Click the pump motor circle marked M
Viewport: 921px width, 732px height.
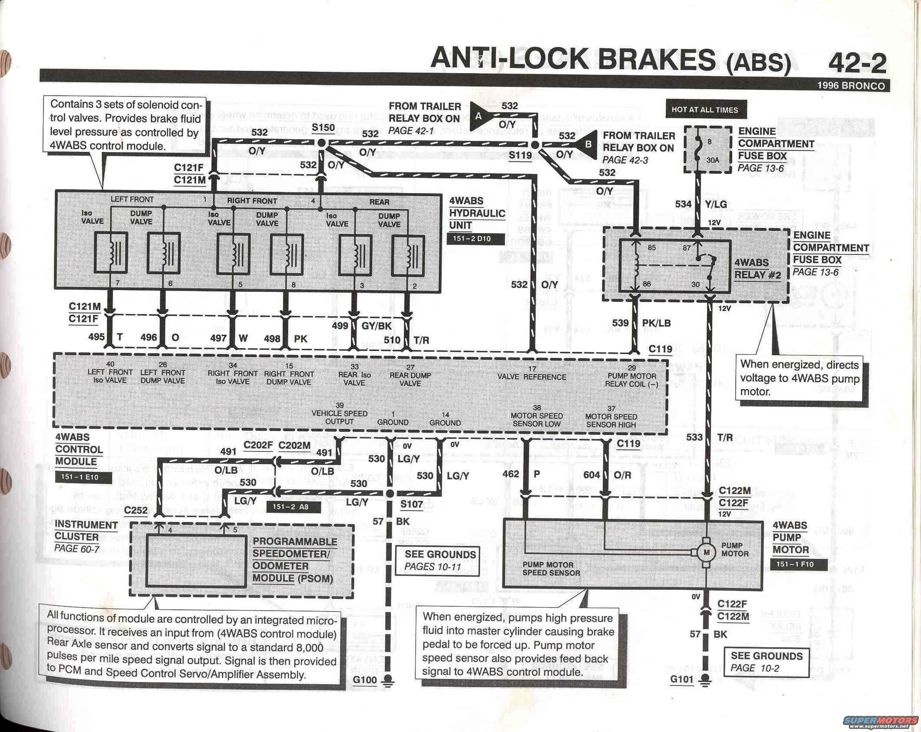[706, 553]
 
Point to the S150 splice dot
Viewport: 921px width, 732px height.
[322, 143]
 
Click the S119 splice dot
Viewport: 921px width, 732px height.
[535, 145]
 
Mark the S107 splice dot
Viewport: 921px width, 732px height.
[390, 493]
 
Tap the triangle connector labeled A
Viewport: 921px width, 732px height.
[479, 116]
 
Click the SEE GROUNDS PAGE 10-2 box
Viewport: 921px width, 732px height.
[766, 662]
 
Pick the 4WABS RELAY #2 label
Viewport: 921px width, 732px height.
[757, 269]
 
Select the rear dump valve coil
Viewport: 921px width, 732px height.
[408, 256]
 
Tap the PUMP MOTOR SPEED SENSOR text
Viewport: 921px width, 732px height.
[551, 569]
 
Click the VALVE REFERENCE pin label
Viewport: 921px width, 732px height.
[532, 377]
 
